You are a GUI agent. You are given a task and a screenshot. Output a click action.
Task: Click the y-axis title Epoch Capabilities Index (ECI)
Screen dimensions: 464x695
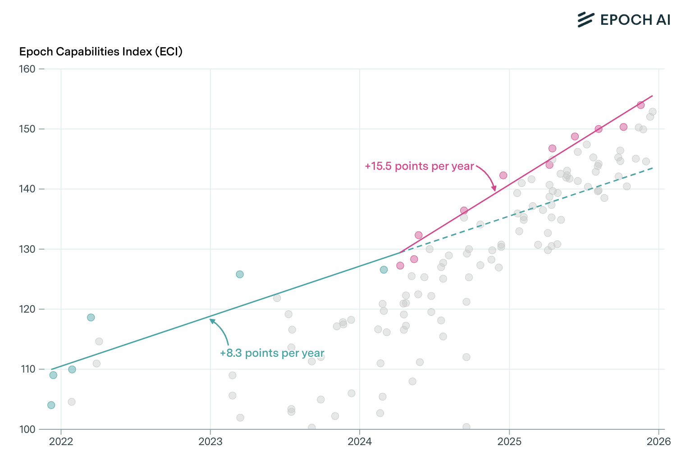pyautogui.click(x=101, y=52)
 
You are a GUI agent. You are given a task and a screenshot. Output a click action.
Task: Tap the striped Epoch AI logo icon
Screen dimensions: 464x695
pyautogui.click(x=586, y=20)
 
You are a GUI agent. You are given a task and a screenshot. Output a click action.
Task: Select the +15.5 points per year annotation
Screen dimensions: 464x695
pyautogui.click(x=419, y=166)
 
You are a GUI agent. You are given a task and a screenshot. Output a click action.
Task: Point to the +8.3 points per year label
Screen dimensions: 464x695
pyautogui.click(x=272, y=353)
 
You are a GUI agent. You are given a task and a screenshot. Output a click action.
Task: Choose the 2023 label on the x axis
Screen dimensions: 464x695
pyautogui.click(x=210, y=441)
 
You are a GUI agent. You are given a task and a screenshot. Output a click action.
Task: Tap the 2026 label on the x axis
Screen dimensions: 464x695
pyautogui.click(x=658, y=441)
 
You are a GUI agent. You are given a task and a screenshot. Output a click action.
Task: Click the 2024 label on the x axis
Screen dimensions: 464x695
pyautogui.click(x=360, y=441)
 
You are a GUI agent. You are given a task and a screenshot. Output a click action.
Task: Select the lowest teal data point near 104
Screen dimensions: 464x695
pyautogui.click(x=51, y=405)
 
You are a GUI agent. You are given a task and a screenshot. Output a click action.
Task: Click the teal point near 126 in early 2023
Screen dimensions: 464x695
pyautogui.click(x=240, y=274)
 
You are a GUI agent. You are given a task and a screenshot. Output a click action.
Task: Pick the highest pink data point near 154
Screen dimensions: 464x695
pyautogui.click(x=640, y=105)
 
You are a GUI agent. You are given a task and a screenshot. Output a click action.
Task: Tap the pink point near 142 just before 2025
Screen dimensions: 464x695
pyautogui.click(x=503, y=175)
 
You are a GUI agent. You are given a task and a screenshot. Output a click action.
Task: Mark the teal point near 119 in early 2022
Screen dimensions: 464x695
pyautogui.click(x=91, y=318)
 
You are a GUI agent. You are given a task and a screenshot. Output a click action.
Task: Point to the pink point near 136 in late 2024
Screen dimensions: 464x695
pyautogui.click(x=464, y=210)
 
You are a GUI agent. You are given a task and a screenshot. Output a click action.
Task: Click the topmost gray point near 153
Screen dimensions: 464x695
pyautogui.click(x=652, y=112)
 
